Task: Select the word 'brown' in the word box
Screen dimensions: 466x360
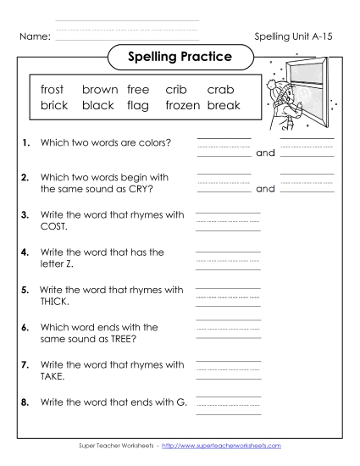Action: pos(99,90)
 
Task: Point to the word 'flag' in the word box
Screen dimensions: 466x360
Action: pos(138,106)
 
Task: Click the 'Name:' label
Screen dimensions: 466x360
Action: pos(34,37)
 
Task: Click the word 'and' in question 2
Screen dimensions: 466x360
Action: pos(265,189)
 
